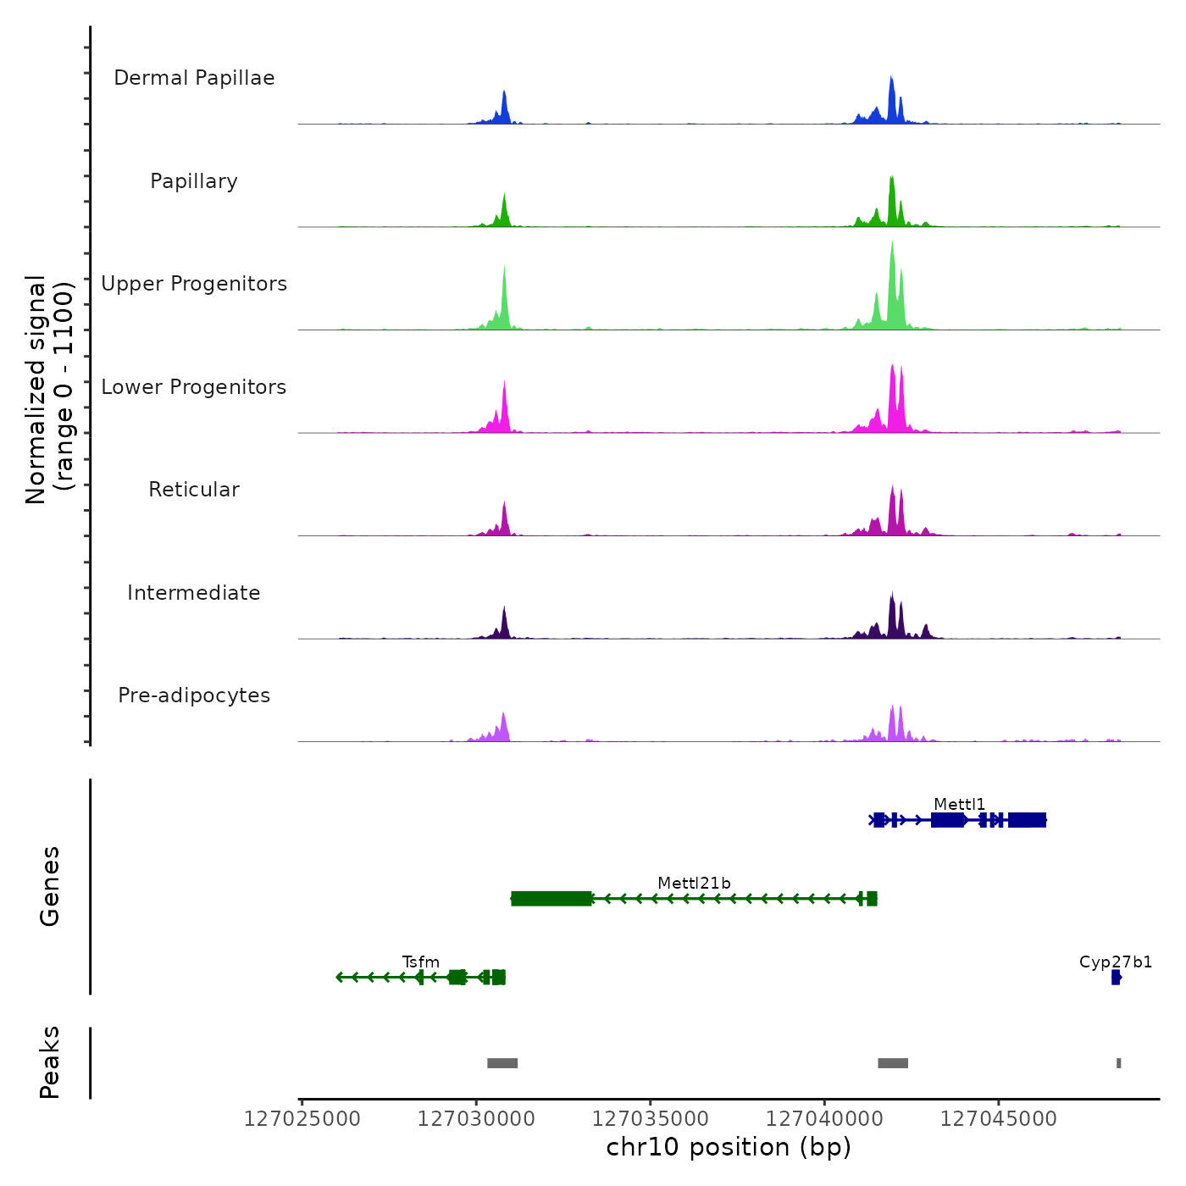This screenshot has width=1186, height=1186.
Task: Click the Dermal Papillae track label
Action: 194,78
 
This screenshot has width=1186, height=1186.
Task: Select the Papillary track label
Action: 194,181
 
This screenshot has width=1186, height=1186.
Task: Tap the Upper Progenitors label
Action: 194,284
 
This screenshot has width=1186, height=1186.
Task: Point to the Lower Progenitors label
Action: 194,387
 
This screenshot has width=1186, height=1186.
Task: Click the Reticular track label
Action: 194,490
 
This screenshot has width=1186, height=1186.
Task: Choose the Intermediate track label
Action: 194,593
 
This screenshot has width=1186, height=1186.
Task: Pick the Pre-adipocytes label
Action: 194,696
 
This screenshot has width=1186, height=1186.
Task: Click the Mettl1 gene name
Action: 959,805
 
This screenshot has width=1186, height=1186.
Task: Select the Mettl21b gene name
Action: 694,884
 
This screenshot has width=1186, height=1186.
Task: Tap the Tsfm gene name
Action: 421,962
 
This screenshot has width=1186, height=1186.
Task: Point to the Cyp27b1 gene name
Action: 1116,962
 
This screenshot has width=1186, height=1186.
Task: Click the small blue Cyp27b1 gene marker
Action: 1116,978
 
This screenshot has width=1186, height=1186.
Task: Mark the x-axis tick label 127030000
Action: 476,1119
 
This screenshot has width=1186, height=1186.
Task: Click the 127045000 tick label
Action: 999,1119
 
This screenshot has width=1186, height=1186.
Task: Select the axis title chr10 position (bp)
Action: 729,1147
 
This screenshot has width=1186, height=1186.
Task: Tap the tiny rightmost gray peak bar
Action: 1119,1063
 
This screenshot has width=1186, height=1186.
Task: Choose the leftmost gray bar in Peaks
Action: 502,1063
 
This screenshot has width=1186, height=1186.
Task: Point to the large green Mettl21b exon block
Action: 551,899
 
